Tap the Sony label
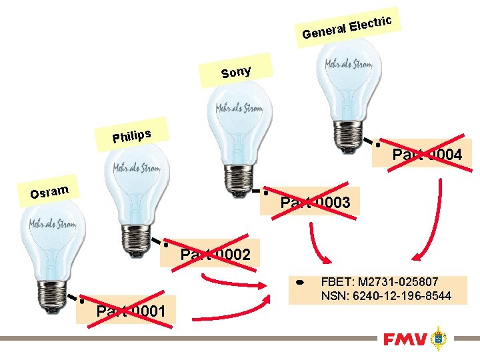coord(236,71)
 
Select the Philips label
coord(131,135)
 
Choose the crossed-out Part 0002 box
coord(215,254)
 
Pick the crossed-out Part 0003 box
coord(314,202)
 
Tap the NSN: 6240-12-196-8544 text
coord(386,295)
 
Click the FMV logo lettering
coord(405,340)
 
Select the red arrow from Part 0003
coord(317,243)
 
